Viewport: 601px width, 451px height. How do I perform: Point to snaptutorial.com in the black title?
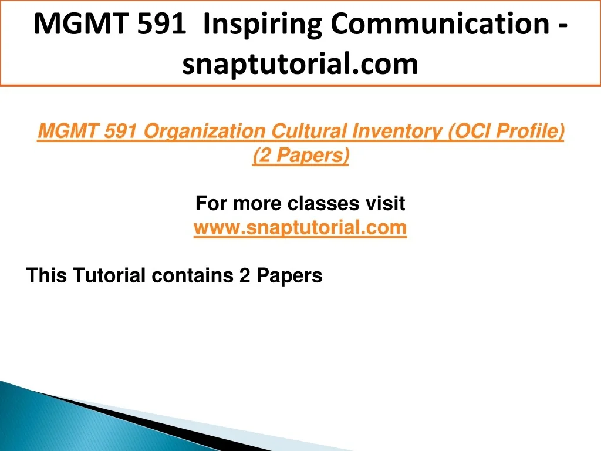300,64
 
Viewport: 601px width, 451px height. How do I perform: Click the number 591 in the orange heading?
120,131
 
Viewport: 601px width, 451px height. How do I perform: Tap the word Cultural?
309,131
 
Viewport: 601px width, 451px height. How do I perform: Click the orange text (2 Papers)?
301,156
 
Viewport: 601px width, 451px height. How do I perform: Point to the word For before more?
211,203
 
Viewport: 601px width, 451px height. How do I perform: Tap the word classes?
323,203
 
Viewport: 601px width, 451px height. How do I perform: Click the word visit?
385,203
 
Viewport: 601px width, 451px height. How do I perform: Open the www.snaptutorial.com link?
300,228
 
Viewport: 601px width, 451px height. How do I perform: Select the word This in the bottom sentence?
47,275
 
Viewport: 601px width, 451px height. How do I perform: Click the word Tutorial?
109,275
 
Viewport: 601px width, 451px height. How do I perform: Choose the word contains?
193,275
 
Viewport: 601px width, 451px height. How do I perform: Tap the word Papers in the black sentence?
289,276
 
